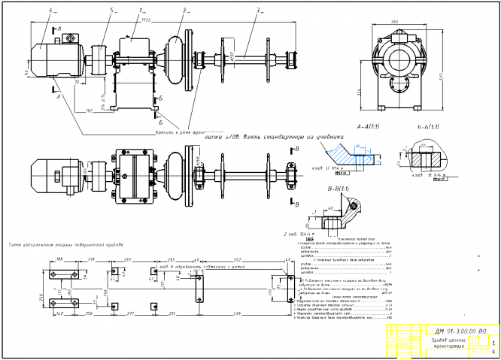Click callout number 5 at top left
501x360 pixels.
[91, 11]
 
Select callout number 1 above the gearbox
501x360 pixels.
[141, 11]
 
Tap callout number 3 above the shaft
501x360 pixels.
[257, 11]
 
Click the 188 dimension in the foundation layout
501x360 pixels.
[59, 259]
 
